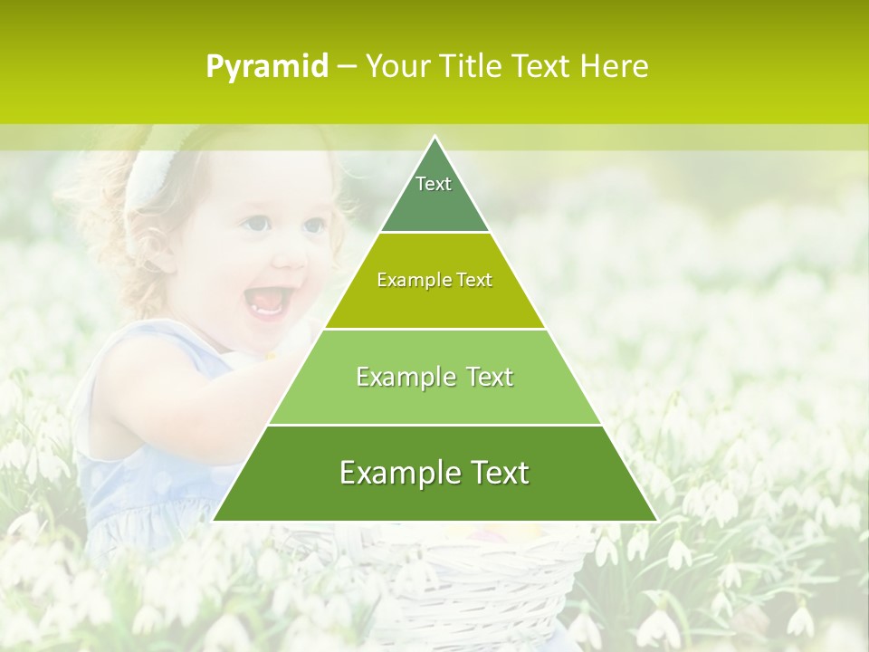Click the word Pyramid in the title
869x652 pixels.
(x=266, y=67)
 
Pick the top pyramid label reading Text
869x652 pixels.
(x=434, y=184)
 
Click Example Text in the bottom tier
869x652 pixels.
(x=434, y=473)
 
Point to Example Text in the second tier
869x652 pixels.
(x=434, y=280)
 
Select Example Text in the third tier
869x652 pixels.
(x=434, y=377)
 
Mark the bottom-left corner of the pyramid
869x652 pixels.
(x=215, y=520)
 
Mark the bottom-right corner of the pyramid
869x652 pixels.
(x=656, y=520)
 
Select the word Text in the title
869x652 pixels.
(x=540, y=66)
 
